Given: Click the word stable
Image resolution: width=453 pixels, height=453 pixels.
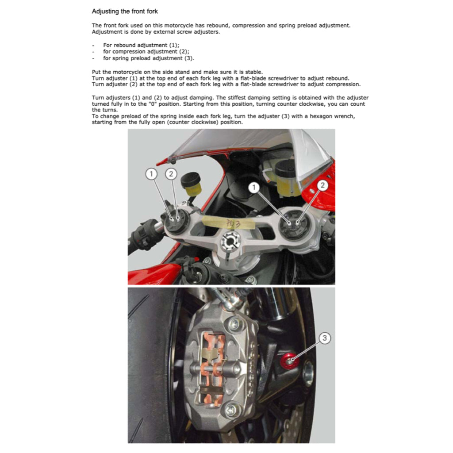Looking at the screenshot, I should click(x=253, y=72).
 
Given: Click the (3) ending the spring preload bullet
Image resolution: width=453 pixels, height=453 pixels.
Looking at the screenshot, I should click(x=188, y=58).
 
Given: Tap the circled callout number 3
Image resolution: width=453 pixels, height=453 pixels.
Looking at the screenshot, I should click(x=325, y=338).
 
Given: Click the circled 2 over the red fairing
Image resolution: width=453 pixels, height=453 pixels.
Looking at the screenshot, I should click(x=322, y=185).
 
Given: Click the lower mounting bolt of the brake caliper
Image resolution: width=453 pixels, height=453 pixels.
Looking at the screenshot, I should click(x=231, y=410).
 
